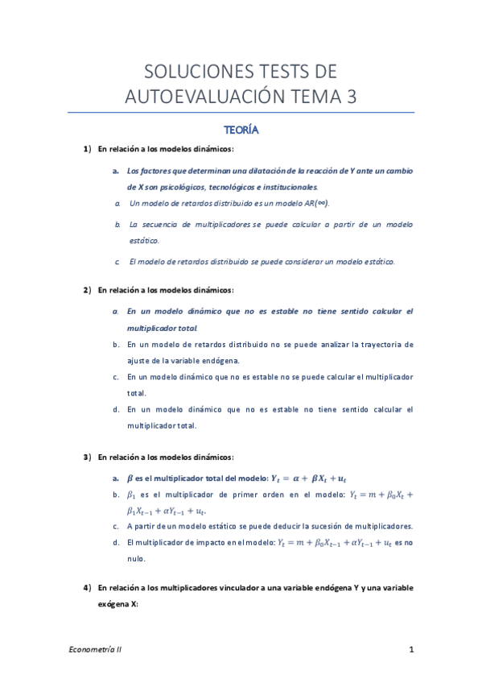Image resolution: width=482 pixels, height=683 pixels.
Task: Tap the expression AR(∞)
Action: tap(313, 203)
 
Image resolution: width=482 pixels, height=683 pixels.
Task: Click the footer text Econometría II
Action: tap(94, 648)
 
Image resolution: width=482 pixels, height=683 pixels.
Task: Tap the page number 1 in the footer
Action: tap(411, 648)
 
